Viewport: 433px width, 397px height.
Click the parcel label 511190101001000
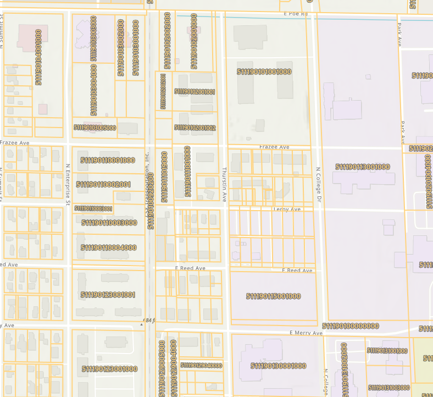coord(264,72)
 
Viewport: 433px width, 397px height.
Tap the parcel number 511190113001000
coord(363,167)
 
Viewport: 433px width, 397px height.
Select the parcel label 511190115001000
coord(273,296)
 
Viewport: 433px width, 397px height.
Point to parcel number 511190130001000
coord(278,366)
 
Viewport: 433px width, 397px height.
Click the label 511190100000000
coord(350,326)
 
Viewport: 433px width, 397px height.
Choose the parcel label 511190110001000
coord(108,161)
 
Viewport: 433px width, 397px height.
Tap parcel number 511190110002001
coord(103,184)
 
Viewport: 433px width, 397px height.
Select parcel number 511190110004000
coord(109,247)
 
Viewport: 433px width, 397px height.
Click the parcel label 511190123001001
coord(108,295)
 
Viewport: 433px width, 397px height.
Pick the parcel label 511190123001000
coord(109,369)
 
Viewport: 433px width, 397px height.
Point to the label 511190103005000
coord(95,128)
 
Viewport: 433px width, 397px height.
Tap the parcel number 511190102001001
coord(195,92)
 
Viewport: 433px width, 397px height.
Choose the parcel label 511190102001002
coord(195,128)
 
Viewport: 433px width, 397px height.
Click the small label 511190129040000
coord(202,365)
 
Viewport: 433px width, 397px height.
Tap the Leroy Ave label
coord(287,209)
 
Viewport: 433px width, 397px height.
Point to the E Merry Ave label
coord(306,333)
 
